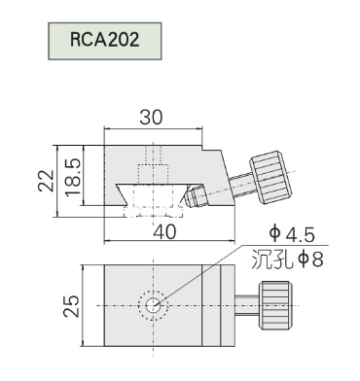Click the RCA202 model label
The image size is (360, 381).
pos(104,40)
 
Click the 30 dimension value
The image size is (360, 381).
pos(151,118)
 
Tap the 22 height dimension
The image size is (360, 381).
pos(47,181)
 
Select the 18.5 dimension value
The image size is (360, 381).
pos(73,177)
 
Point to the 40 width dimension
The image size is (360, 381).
pos(164,232)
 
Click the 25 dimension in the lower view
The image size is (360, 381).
pos(71,306)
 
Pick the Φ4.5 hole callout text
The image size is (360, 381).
pos(292,234)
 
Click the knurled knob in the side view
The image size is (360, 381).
pos(271,177)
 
